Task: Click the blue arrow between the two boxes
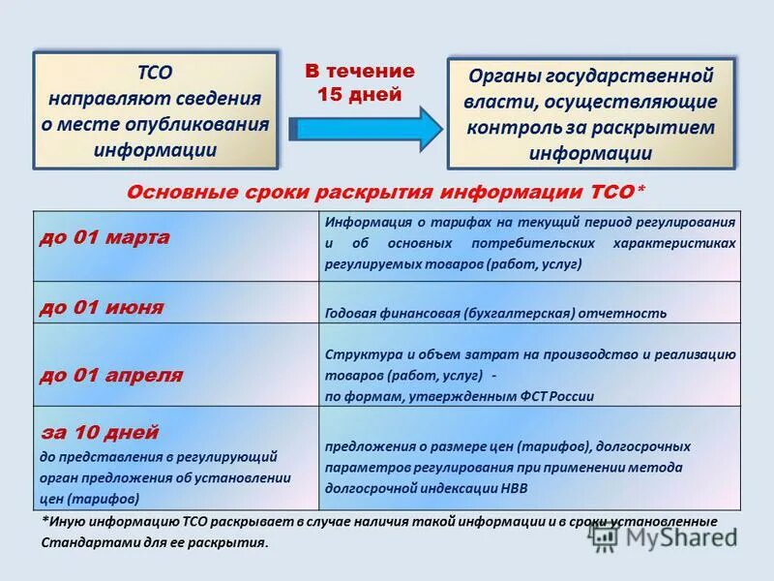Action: tap(365, 129)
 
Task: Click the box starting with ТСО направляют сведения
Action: tap(155, 110)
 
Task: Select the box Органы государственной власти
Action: tap(590, 113)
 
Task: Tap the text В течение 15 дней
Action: tap(360, 82)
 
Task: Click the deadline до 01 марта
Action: tap(104, 238)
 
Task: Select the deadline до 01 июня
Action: tap(101, 307)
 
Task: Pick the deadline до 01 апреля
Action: tap(110, 375)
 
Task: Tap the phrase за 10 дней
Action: tap(99, 432)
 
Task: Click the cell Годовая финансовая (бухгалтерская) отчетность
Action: tap(495, 313)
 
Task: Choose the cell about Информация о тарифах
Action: tap(530, 242)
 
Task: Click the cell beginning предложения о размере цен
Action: tap(508, 467)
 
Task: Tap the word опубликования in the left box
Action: tap(202, 124)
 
